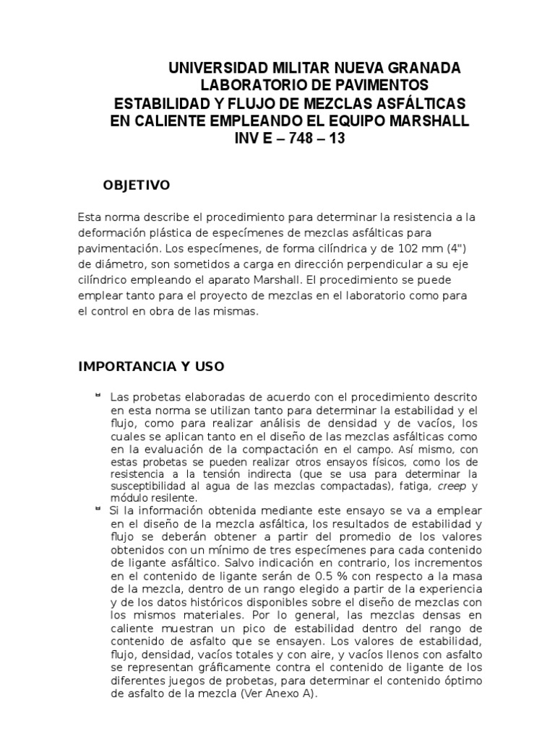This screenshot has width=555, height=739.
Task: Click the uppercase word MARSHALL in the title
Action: pos(431,121)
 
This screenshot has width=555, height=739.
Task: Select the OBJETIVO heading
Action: pos(137,185)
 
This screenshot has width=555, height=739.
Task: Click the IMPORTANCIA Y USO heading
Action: pos(151,367)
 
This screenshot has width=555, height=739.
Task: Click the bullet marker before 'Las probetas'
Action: pos(97,395)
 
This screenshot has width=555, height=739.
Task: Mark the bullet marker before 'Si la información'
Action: pos(97,509)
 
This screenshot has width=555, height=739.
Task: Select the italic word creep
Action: pos(452,487)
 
